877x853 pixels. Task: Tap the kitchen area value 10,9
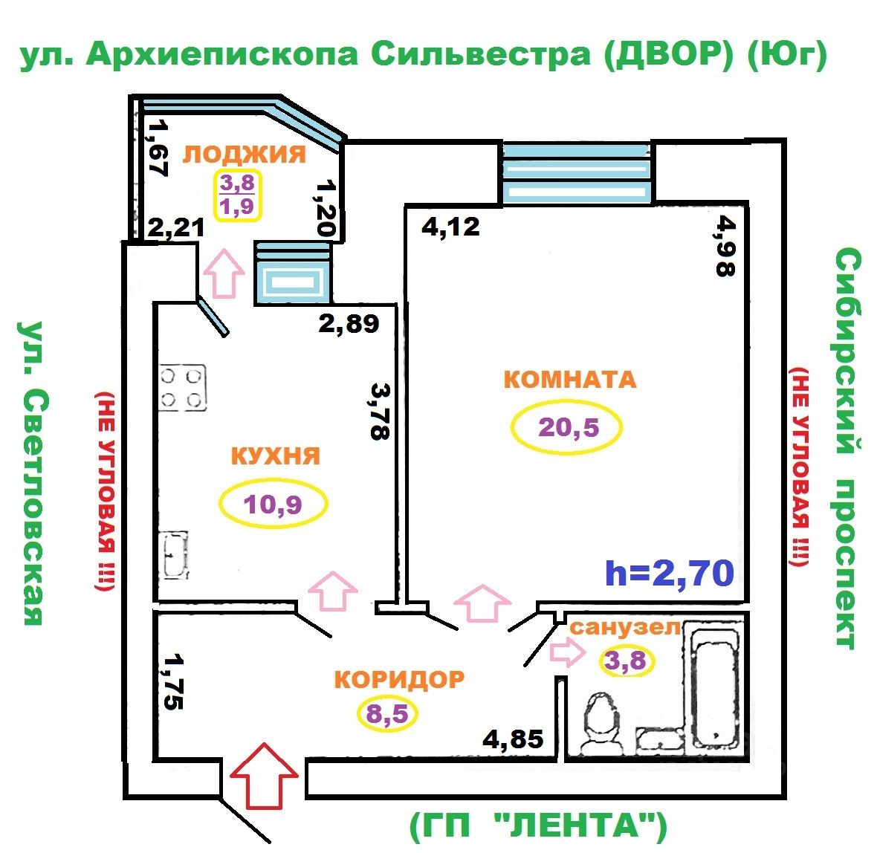(273, 505)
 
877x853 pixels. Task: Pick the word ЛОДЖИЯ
(245, 154)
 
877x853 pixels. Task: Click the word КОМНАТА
(569, 379)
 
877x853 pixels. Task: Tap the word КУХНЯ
(275, 455)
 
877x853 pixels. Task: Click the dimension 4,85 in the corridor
(513, 739)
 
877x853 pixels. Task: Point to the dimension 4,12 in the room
(450, 225)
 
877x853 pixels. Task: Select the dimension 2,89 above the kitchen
(349, 323)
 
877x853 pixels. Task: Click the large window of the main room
(577, 172)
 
